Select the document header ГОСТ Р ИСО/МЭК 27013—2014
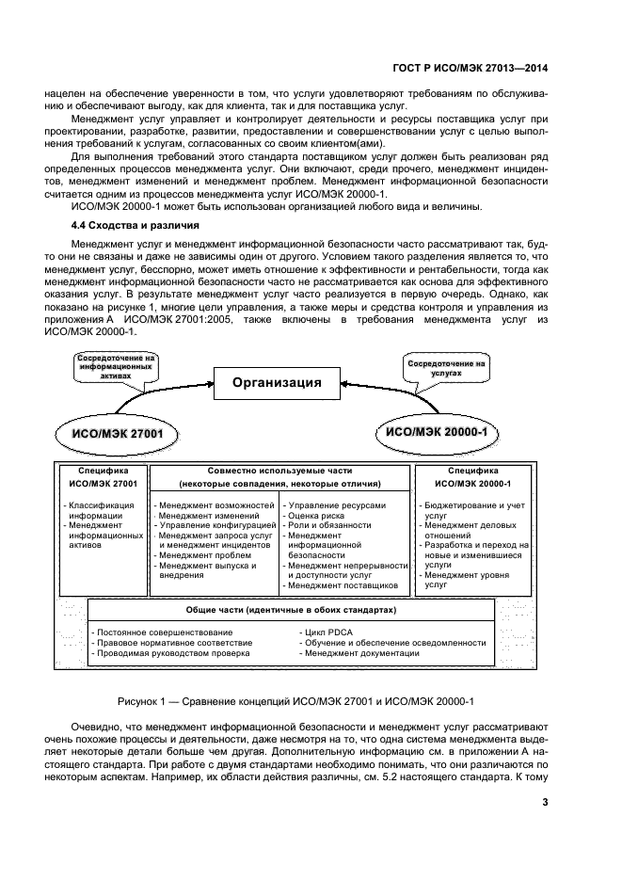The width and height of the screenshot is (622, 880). [x=468, y=67]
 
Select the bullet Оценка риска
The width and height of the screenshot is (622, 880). [x=321, y=516]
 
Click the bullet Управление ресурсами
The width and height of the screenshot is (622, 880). [x=337, y=504]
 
